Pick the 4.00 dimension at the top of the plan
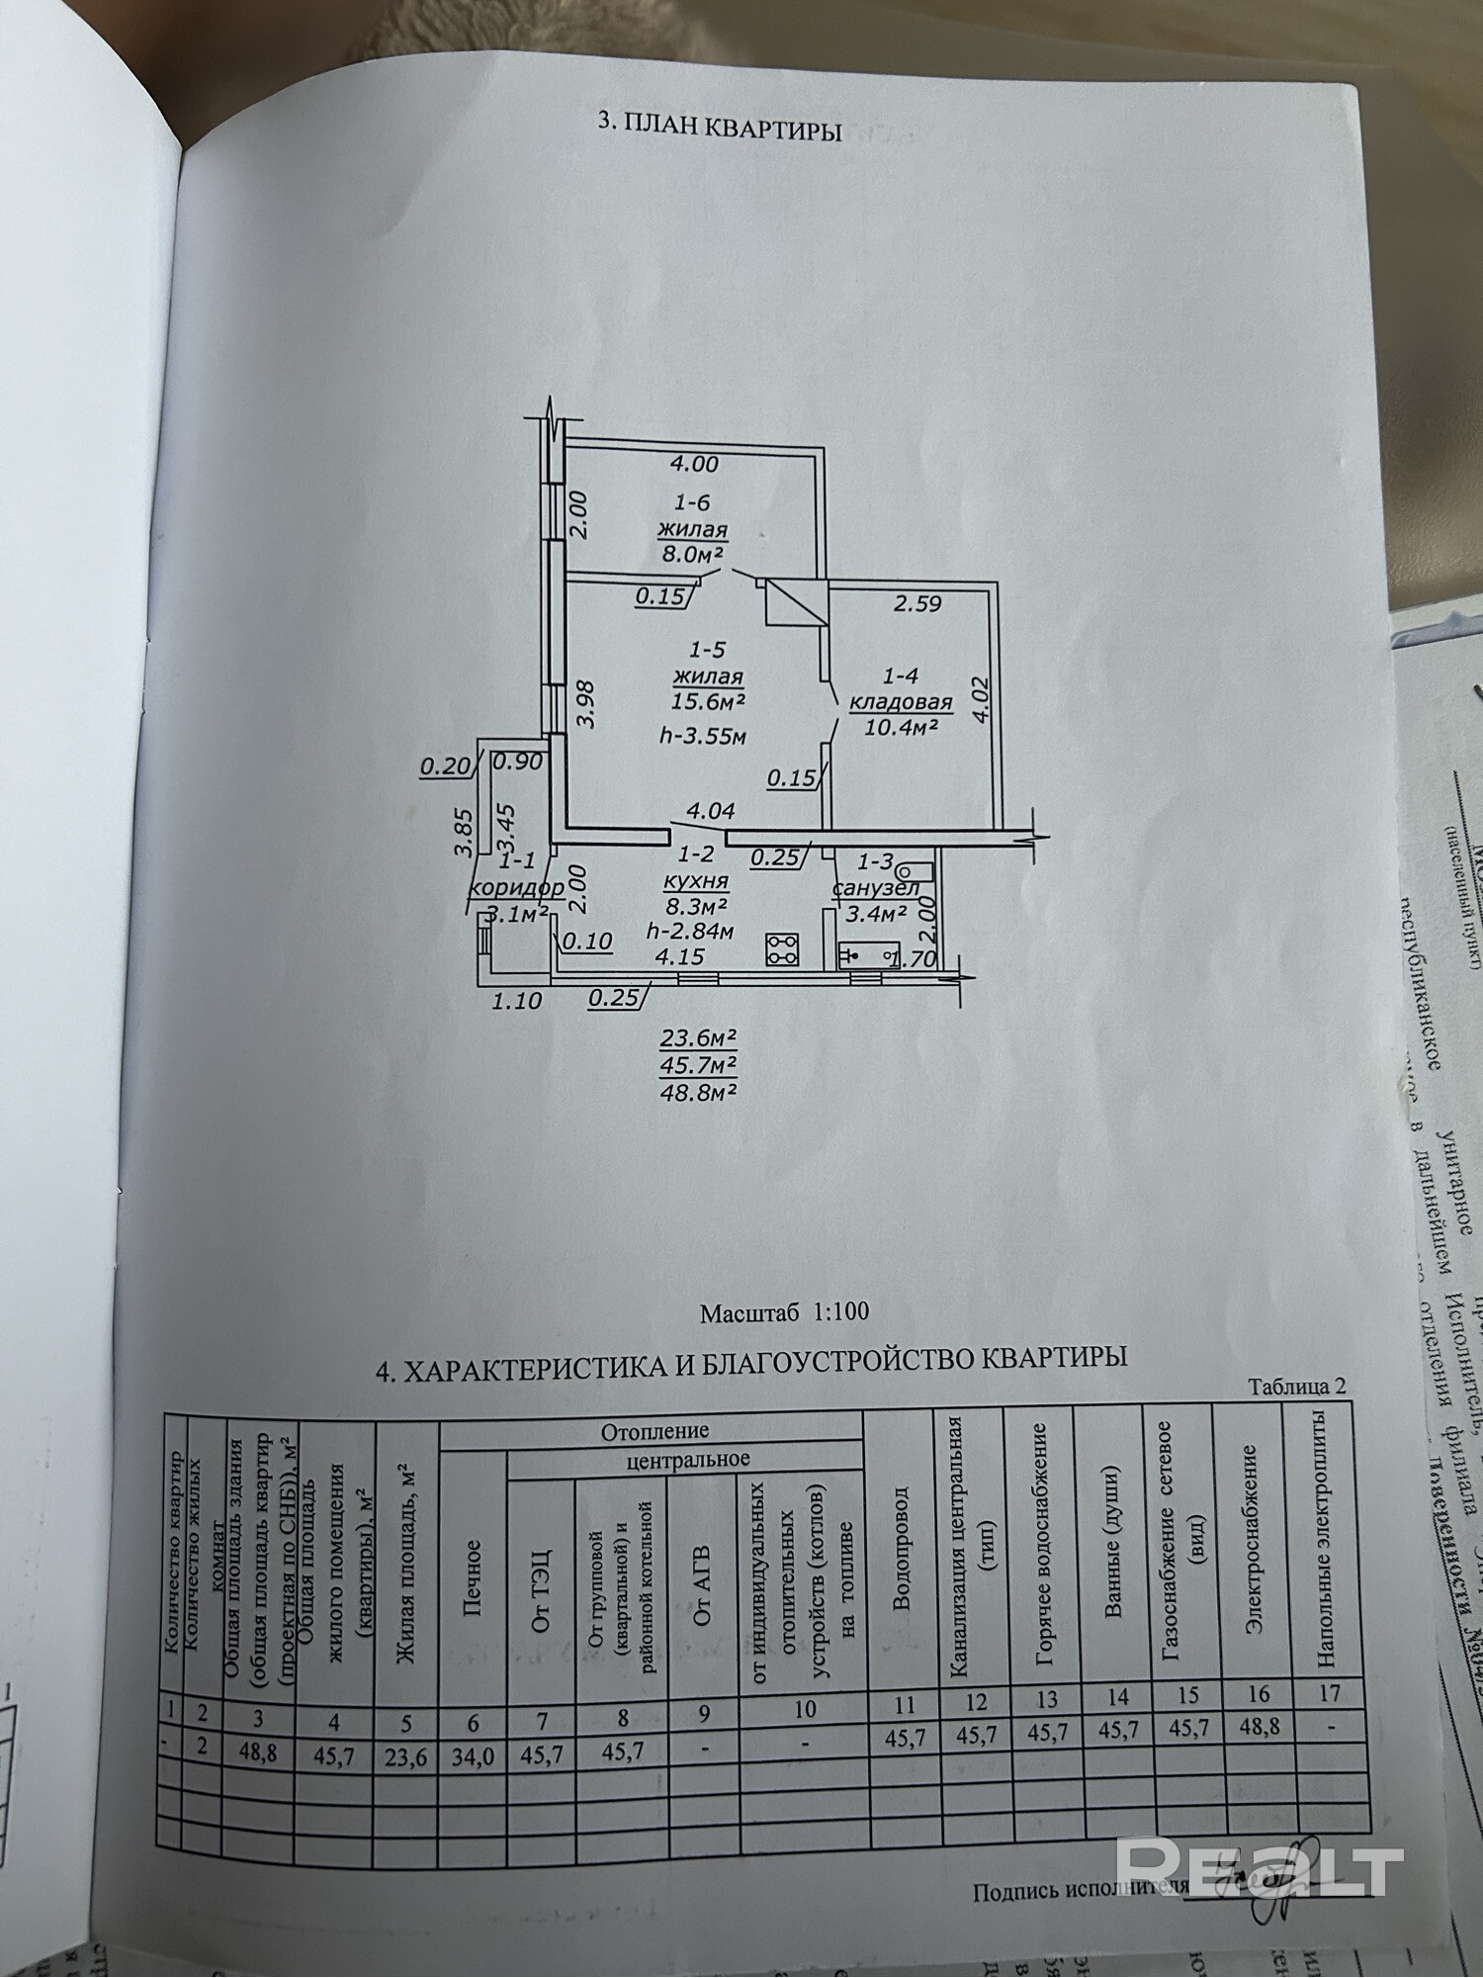coord(693,463)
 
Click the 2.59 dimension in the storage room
coord(918,602)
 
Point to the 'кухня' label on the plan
coord(698,880)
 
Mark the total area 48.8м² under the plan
coord(699,1093)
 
